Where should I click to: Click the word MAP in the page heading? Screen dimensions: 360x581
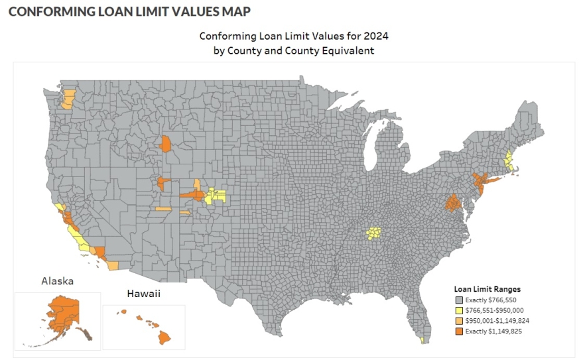235,11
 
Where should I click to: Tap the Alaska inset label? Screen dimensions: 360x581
58,281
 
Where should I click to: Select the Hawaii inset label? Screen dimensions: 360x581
143,292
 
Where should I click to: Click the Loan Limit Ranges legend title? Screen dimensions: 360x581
487,289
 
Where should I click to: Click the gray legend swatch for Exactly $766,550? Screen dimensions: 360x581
458,300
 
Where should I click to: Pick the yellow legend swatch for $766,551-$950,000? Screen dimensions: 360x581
458,310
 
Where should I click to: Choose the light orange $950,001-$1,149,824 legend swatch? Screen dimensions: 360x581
458,320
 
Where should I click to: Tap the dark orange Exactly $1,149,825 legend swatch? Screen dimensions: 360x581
458,331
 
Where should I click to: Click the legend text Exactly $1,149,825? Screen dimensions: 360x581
493,331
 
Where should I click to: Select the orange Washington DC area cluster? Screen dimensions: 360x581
454,202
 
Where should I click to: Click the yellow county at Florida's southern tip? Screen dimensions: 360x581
422,341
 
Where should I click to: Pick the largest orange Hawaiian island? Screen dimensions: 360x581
163,337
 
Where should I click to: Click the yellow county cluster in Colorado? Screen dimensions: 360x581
216,196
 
